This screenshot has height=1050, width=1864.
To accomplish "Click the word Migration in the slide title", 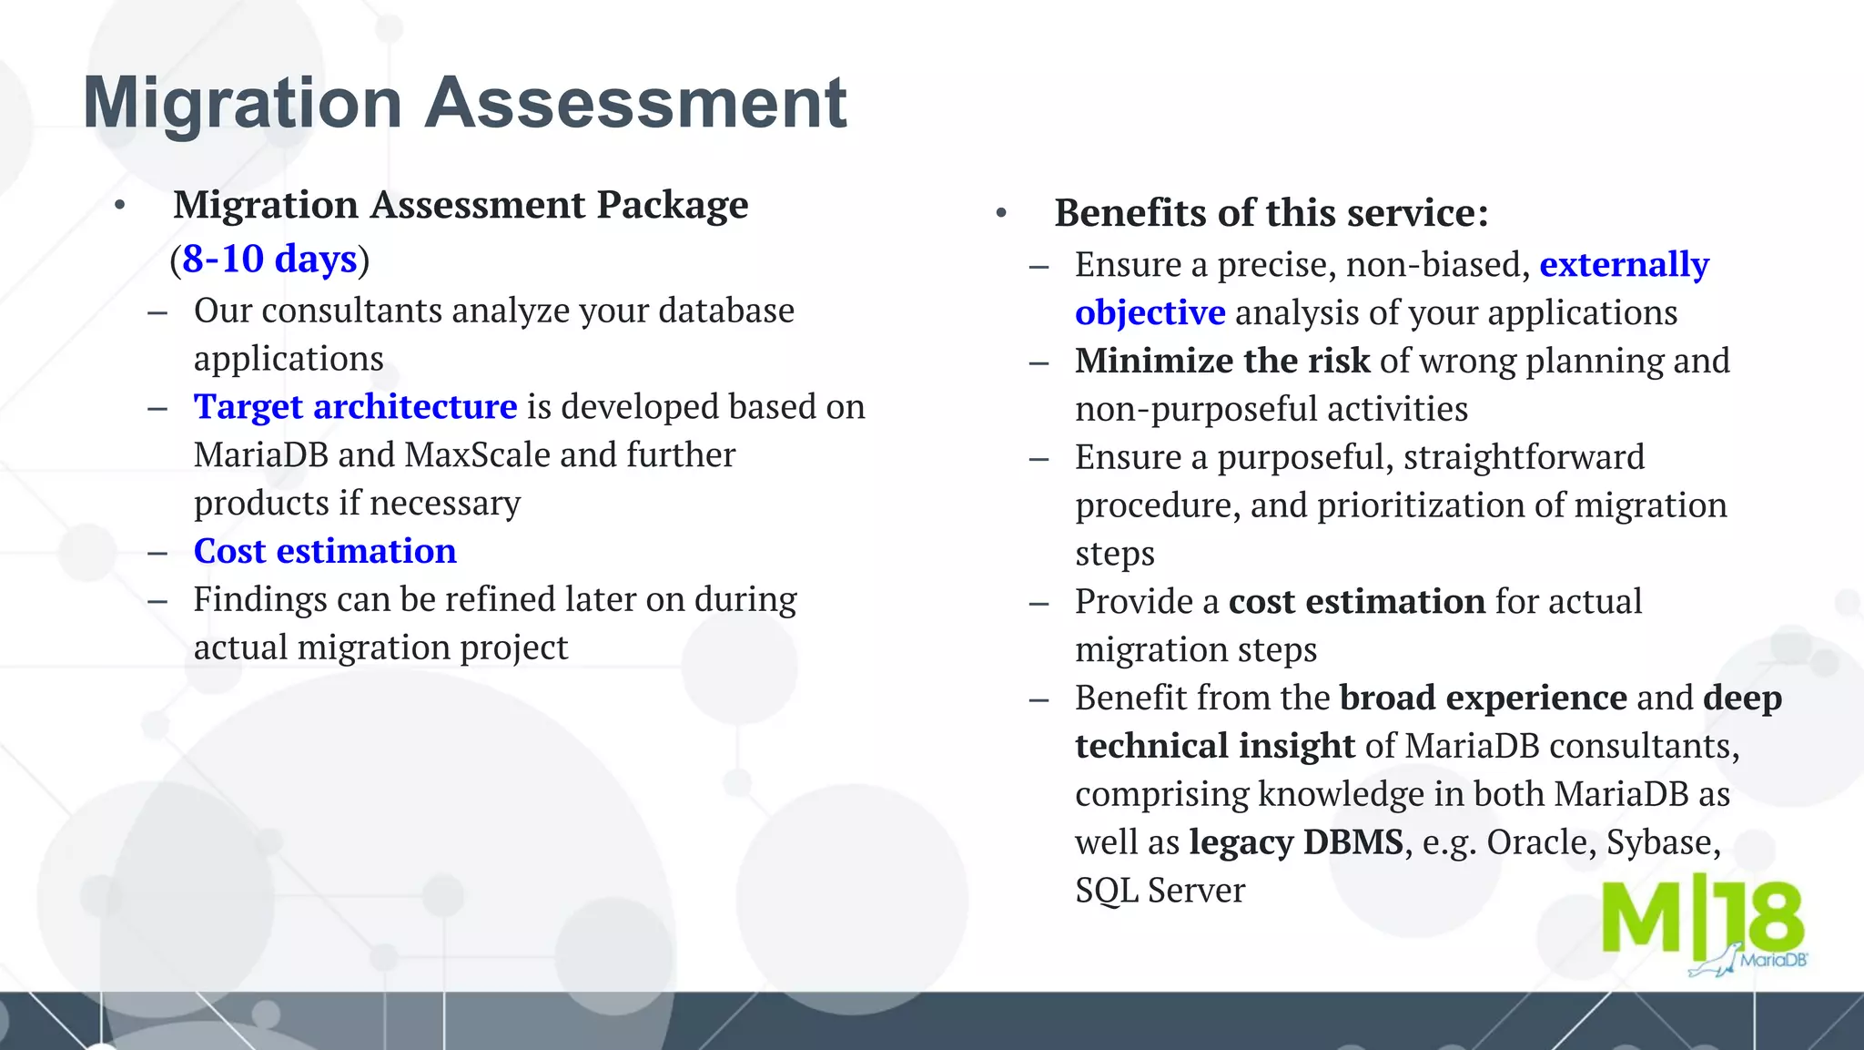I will pos(242,103).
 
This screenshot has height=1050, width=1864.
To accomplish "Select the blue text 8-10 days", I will pos(269,260).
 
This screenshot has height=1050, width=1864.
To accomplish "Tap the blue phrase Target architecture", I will pos(355,407).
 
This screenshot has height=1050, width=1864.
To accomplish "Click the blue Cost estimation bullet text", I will pos(325,552).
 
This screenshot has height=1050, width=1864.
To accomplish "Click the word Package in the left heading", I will pos(672,205).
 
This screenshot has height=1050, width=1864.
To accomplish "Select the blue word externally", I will pos(1624,265).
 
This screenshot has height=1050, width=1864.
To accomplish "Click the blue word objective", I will pos(1150,313).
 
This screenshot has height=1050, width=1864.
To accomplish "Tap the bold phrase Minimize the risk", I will pos(1221,362).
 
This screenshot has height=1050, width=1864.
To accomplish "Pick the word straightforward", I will pos(1524,457).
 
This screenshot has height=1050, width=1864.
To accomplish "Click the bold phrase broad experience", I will pos(1483,698).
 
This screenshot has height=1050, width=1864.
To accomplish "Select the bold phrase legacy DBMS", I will pos(1295,842).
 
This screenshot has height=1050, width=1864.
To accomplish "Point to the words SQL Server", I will pos(1160,891).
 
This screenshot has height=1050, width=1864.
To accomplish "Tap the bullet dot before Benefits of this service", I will pos(1001,214).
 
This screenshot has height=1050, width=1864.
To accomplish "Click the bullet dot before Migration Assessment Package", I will pos(119,206).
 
